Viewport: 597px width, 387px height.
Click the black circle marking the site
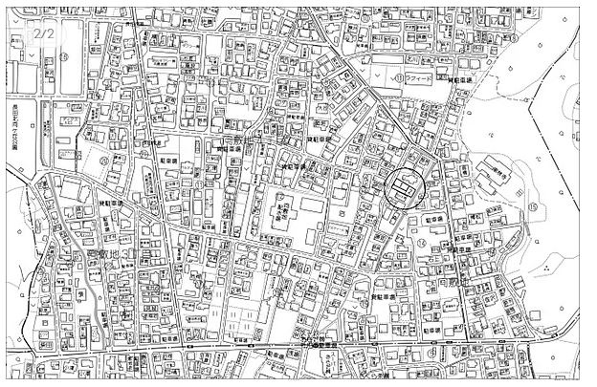tap(404, 186)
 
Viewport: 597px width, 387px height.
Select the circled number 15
tap(532, 205)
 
